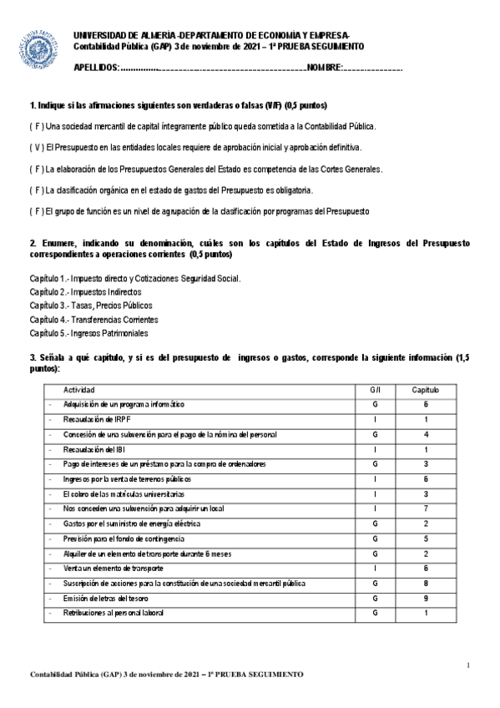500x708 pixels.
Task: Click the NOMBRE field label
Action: click(324, 67)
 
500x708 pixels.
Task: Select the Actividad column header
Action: click(79, 390)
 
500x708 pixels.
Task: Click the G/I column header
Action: click(376, 390)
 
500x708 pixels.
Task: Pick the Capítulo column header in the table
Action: click(426, 390)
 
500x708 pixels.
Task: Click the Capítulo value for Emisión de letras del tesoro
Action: click(426, 598)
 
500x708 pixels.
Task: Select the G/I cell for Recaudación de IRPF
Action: click(376, 419)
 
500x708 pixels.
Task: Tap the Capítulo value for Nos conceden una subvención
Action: click(426, 508)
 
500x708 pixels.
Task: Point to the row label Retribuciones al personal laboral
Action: click(114, 613)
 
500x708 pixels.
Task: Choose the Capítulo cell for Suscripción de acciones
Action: click(426, 583)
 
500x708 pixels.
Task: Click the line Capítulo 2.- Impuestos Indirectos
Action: click(85, 292)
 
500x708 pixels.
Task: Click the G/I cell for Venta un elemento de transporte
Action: click(376, 568)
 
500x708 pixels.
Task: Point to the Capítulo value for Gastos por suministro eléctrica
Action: click(426, 523)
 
